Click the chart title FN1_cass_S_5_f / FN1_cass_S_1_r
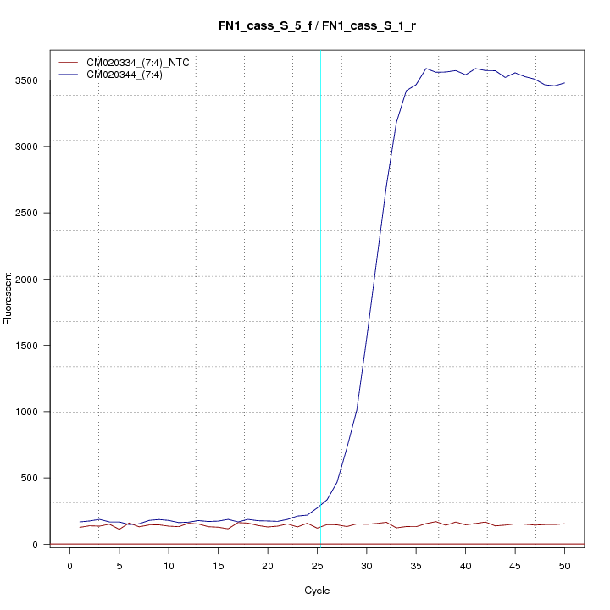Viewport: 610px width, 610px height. pos(316,26)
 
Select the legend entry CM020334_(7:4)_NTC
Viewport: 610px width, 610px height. pos(132,63)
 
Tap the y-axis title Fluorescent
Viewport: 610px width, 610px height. pos(9,298)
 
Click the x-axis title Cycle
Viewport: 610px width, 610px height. pos(316,591)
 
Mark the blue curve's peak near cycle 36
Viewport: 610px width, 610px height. pos(425,69)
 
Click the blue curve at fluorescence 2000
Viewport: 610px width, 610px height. pos(375,279)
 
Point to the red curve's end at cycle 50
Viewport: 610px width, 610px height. pos(564,524)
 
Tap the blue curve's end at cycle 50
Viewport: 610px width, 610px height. pos(564,83)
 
